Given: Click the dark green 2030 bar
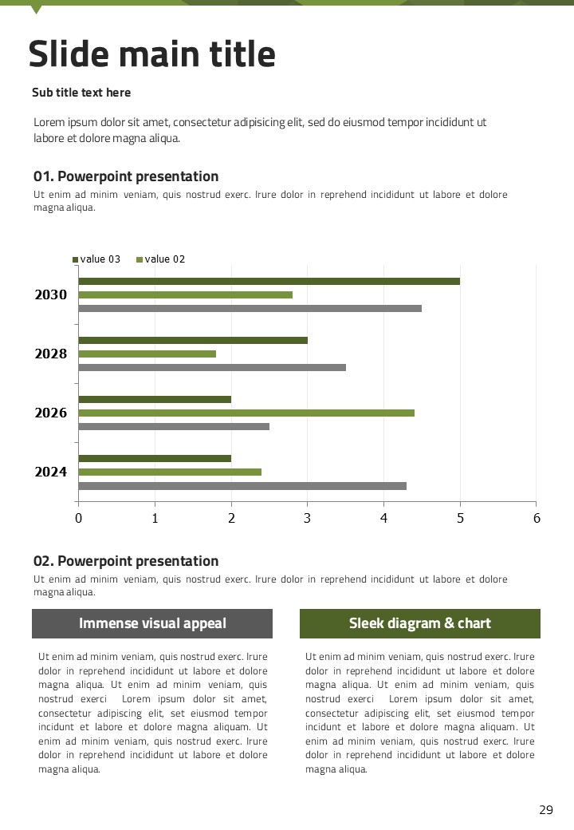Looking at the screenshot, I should [269, 281].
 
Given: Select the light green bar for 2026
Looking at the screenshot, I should [246, 413].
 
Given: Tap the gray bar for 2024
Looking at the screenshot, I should [242, 485].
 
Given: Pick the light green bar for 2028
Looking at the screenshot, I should [147, 354].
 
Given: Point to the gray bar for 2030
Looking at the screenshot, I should [250, 308].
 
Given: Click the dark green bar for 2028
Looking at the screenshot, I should [193, 340].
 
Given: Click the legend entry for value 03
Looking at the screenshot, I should [96, 259].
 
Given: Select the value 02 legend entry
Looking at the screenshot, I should [161, 259].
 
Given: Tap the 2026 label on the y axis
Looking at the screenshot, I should [51, 413].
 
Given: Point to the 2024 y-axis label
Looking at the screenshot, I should [51, 472].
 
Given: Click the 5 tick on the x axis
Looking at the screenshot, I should [460, 519].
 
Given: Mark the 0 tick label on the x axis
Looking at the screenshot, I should [78, 519].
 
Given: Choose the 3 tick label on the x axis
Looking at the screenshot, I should [308, 519].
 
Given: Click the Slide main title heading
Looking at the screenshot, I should [152, 54].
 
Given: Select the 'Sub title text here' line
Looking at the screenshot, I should [81, 93].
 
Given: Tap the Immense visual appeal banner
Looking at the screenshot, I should [152, 623].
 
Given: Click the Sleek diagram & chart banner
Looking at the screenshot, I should [420, 623].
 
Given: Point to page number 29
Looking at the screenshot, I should [546, 810].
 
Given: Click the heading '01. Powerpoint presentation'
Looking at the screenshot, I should [126, 176].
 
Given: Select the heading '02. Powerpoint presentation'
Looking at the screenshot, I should [126, 561].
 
